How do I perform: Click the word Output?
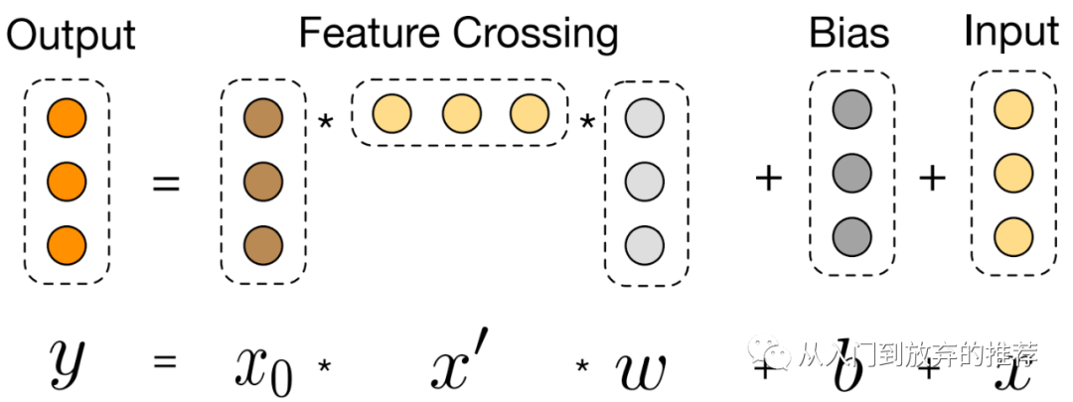(x=71, y=37)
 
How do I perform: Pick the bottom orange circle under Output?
(x=68, y=243)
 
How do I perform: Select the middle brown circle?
(x=262, y=181)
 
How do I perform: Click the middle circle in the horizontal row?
(x=460, y=112)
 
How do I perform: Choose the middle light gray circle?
(x=643, y=181)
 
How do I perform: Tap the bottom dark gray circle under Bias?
(x=852, y=235)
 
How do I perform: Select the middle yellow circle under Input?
(x=1012, y=171)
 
